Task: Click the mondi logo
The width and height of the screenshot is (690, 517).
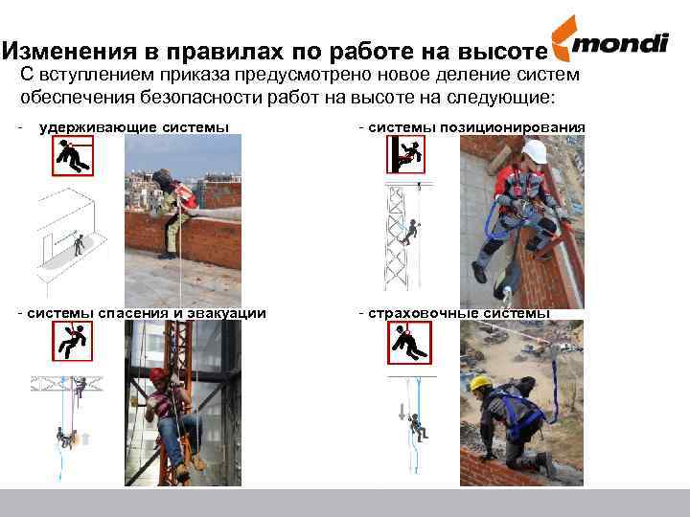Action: point(609,39)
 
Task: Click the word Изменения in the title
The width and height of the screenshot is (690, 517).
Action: point(70,51)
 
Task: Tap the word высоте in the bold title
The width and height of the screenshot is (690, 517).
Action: point(502,52)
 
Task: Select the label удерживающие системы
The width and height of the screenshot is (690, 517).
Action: point(134,128)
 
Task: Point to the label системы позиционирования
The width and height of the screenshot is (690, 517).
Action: point(476,128)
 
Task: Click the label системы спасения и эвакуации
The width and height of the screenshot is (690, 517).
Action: point(147,313)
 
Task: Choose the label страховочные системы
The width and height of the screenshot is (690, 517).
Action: point(459,313)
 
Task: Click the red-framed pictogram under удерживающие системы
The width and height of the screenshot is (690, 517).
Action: point(73,156)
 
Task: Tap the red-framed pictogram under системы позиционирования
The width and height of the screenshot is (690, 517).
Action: point(405,154)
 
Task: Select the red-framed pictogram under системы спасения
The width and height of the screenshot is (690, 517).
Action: point(73,341)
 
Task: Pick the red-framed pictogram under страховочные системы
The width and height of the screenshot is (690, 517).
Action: point(409,343)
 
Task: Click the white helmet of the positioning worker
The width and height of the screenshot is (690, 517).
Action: point(535,151)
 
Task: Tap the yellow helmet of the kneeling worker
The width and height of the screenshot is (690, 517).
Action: point(480,383)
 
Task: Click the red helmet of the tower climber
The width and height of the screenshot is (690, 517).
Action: point(158,374)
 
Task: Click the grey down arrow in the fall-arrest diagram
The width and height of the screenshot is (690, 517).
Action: point(402,412)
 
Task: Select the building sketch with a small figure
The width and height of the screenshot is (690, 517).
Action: point(70,239)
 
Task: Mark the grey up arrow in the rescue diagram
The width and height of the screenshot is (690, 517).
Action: point(86,438)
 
